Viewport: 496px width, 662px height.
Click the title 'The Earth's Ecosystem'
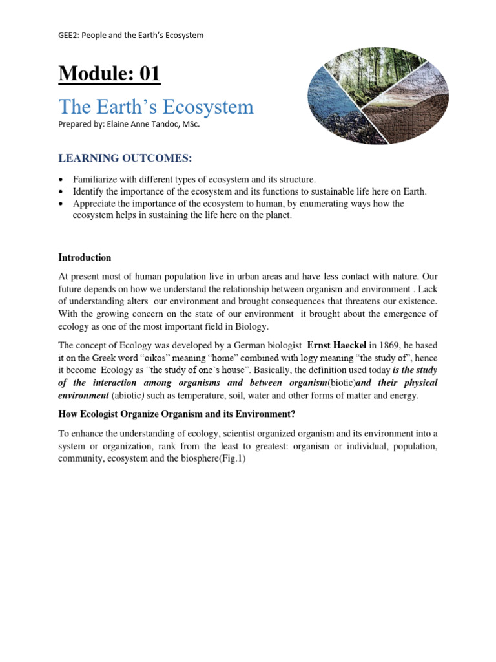(x=156, y=106)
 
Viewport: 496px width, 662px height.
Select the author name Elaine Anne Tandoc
(x=143, y=123)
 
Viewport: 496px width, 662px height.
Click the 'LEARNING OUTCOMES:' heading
(x=116, y=159)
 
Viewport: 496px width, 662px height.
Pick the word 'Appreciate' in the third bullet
(x=94, y=203)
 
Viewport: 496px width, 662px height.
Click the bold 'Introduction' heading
(x=84, y=257)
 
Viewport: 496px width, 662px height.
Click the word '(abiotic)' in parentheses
(x=132, y=396)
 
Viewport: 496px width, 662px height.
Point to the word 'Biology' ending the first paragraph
(x=250, y=326)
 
